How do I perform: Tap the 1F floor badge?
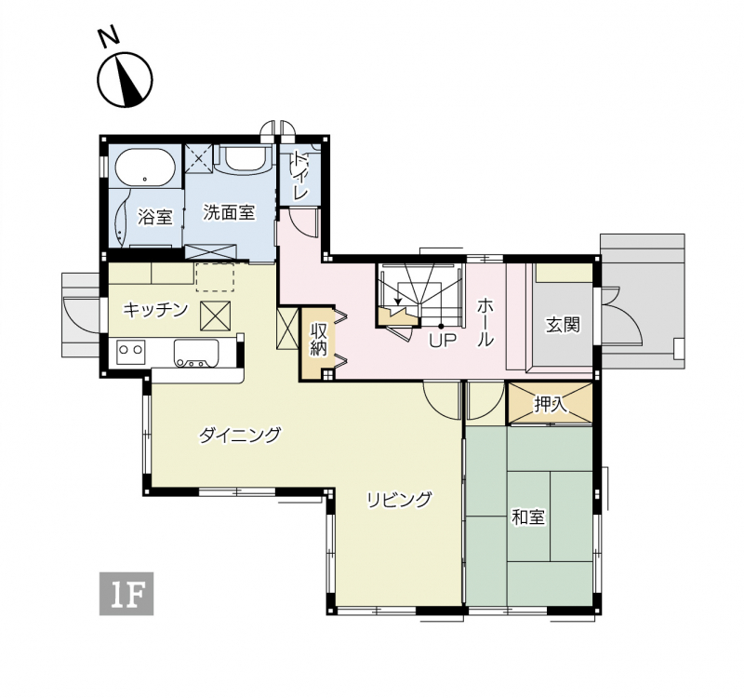[126, 594]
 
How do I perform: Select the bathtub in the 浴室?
[145, 168]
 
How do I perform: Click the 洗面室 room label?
[230, 212]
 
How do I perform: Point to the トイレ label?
[299, 176]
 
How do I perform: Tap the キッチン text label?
[155, 310]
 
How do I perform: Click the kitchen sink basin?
[196, 354]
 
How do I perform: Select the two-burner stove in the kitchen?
[130, 352]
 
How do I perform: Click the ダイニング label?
[240, 435]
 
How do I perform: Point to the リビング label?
[400, 500]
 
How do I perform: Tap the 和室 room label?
[528, 517]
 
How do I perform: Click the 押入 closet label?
[551, 404]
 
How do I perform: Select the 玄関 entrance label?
[563, 325]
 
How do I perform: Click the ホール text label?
[485, 322]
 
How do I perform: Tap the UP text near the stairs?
[443, 341]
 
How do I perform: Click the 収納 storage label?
[319, 339]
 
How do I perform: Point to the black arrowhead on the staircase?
[398, 302]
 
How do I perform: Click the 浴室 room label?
[155, 217]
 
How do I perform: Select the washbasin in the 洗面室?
[244, 158]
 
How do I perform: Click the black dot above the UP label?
[441, 327]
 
